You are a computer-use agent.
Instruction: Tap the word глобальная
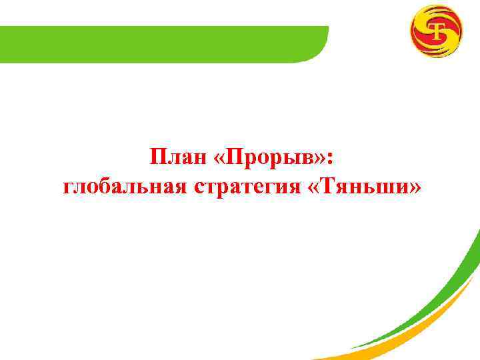pyautogui.click(x=126, y=188)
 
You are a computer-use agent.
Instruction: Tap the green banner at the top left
pyautogui.click(x=160, y=43)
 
